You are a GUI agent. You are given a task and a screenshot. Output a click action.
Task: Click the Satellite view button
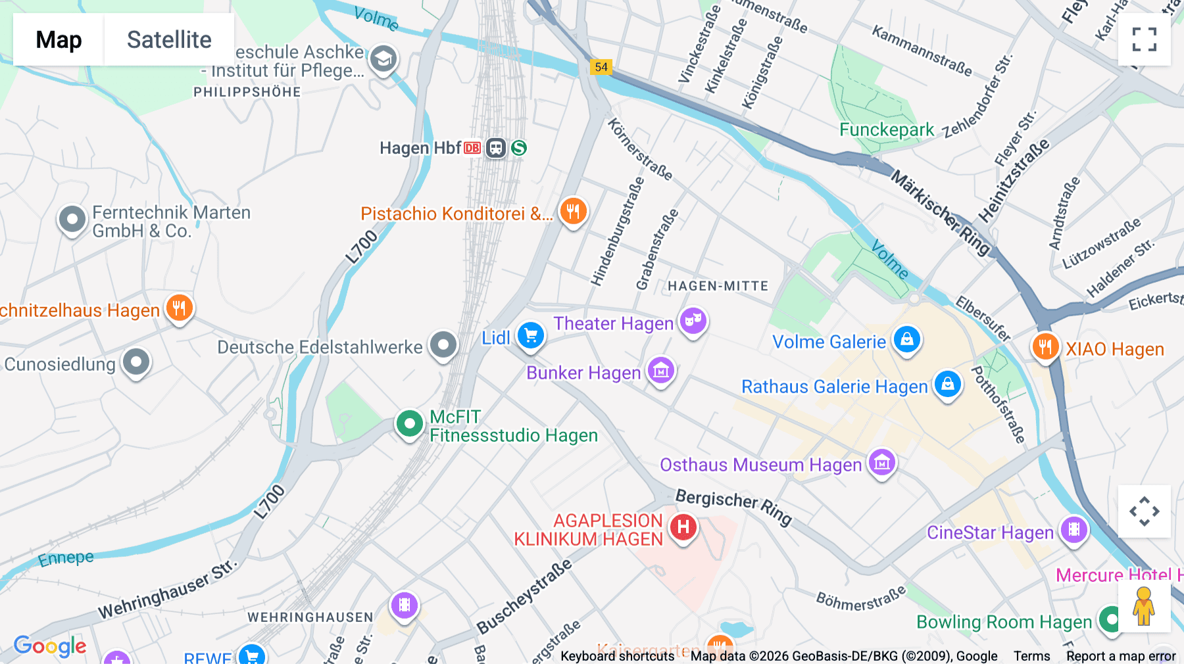point(169,39)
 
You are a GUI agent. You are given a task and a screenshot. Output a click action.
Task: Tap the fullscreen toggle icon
point(1144,39)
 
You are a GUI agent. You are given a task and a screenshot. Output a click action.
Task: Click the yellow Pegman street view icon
point(1144,606)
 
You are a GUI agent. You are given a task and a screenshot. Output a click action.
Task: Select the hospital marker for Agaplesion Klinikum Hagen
point(683,527)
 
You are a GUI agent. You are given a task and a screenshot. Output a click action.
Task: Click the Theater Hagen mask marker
point(693,321)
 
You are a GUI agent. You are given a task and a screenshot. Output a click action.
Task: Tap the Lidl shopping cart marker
point(530,336)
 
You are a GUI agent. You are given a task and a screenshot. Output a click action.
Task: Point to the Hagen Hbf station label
point(420,148)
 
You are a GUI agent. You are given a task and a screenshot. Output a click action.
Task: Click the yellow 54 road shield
point(601,67)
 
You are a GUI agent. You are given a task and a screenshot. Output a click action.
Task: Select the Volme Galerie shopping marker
point(906,340)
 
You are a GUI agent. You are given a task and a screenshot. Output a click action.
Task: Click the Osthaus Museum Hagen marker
point(881,463)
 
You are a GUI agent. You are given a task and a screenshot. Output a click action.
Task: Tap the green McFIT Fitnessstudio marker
point(409,424)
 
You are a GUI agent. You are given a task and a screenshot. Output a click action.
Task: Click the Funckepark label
point(886,130)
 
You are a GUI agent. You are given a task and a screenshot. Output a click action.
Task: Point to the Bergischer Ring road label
point(733,506)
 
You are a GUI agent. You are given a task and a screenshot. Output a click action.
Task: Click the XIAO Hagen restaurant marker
point(1045,346)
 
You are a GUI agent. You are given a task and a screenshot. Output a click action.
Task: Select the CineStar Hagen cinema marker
point(1073,529)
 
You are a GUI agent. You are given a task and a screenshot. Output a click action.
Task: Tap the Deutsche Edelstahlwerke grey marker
point(443,344)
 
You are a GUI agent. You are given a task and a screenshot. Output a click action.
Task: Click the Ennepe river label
point(66,559)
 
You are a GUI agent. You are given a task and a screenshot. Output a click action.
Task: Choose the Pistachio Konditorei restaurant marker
point(573,211)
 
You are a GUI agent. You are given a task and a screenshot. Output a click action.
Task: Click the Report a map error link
point(1120,656)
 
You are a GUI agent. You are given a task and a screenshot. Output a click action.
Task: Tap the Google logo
point(50,646)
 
